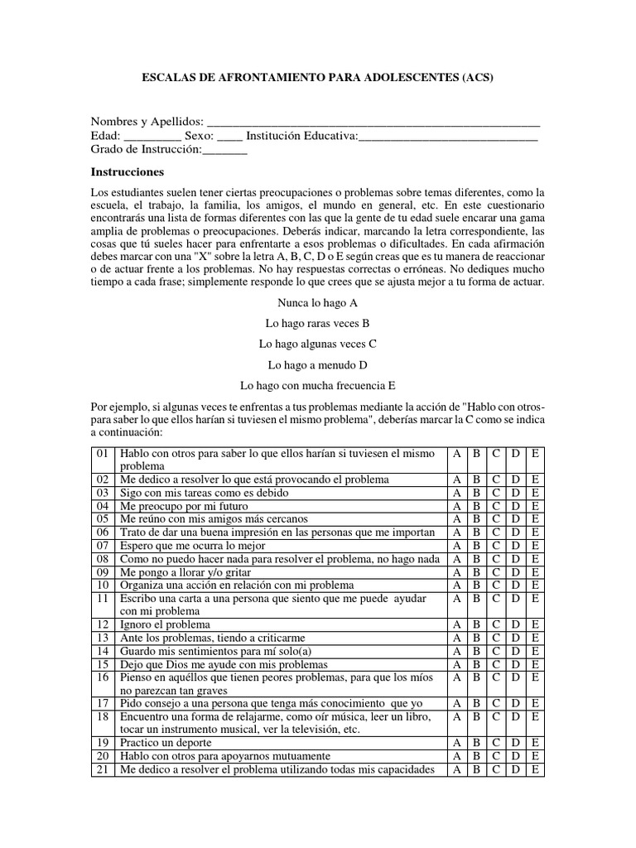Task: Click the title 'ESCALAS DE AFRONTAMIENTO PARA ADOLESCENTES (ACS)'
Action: coord(318,78)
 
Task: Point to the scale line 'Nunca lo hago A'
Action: coord(317,304)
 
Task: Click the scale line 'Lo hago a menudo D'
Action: coord(317,364)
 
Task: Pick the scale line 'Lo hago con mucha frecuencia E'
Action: coord(317,385)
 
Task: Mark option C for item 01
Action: coord(495,454)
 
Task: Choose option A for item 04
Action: coord(456,506)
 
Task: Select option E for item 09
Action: coord(535,571)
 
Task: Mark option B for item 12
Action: coord(476,624)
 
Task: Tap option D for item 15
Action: coord(515,664)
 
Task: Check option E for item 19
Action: coord(535,743)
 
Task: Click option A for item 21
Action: coord(456,769)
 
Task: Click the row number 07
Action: coord(103,546)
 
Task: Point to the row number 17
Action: coord(103,703)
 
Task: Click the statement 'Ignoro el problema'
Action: coord(165,624)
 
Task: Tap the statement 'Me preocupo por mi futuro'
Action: coord(184,506)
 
